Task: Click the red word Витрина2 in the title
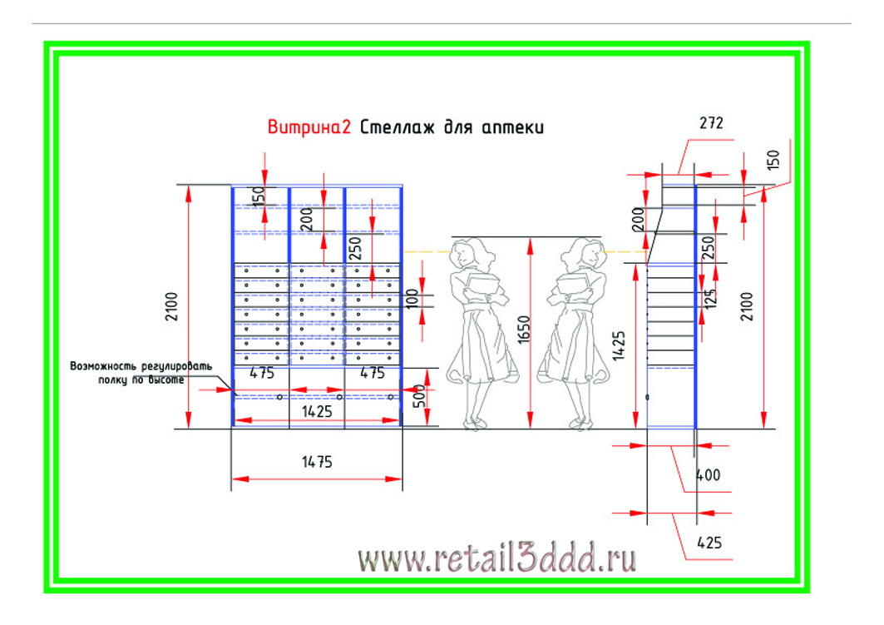pyautogui.click(x=309, y=127)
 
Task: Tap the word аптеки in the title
pyautogui.click(x=513, y=128)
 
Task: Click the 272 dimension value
pyautogui.click(x=711, y=122)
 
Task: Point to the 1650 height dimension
pyautogui.click(x=524, y=330)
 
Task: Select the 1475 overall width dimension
pyautogui.click(x=317, y=462)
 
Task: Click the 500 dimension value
pyautogui.click(x=419, y=396)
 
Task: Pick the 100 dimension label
pyautogui.click(x=412, y=299)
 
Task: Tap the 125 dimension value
pyautogui.click(x=710, y=299)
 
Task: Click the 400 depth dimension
pyautogui.click(x=708, y=475)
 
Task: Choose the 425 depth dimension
pyautogui.click(x=709, y=543)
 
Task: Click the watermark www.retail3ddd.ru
pyautogui.click(x=497, y=558)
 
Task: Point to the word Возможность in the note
pyautogui.click(x=103, y=366)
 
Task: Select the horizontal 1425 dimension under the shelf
pyautogui.click(x=317, y=412)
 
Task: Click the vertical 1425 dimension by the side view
pyautogui.click(x=619, y=345)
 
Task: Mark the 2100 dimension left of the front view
pyautogui.click(x=171, y=306)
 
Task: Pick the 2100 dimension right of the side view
pyautogui.click(x=747, y=306)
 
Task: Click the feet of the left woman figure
pyautogui.click(x=473, y=424)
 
